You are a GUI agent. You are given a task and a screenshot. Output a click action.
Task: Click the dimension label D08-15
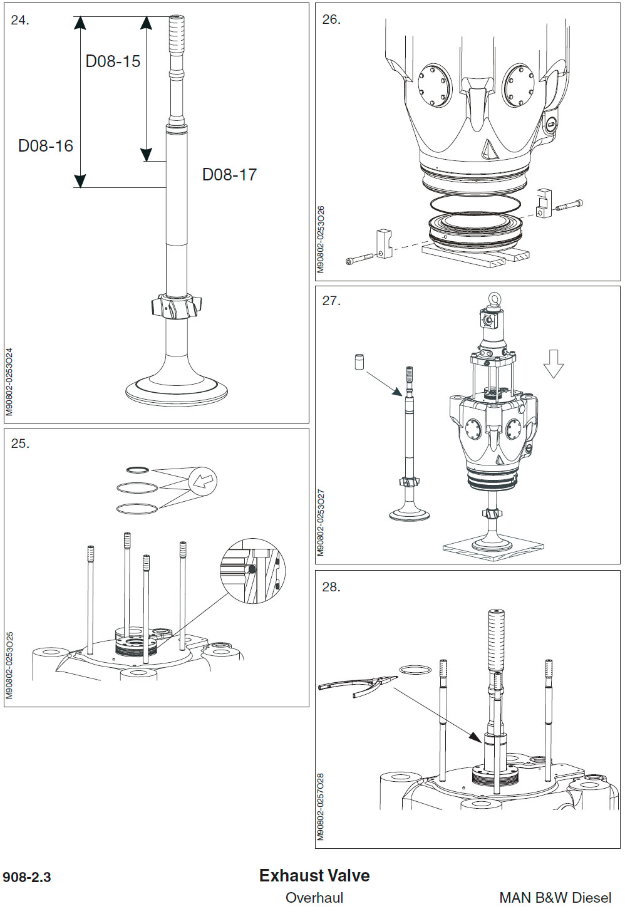tap(113, 61)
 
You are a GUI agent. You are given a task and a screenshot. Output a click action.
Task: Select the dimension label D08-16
tap(46, 146)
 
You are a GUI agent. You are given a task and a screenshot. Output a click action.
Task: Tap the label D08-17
tap(229, 175)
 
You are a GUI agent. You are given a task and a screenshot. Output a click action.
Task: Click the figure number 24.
tap(20, 21)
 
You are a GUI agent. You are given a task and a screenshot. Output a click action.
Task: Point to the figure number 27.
tap(331, 301)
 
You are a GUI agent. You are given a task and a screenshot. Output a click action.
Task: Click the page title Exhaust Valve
tap(314, 876)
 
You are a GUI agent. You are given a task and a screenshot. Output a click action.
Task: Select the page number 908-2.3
tap(27, 877)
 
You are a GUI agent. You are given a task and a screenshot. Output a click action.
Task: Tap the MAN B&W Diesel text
tap(555, 898)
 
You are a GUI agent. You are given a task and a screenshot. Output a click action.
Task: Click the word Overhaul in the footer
tap(314, 898)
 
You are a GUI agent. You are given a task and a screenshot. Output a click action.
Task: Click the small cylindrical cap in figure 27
tap(359, 362)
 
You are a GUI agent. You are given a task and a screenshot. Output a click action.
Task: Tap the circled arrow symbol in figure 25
tap(203, 482)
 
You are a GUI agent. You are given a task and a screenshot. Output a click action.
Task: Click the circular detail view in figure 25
tap(252, 571)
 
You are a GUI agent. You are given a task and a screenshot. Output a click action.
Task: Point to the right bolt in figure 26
tap(569, 205)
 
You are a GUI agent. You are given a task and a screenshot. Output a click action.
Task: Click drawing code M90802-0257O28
tap(321, 806)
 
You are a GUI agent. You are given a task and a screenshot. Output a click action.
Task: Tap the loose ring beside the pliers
tap(415, 670)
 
